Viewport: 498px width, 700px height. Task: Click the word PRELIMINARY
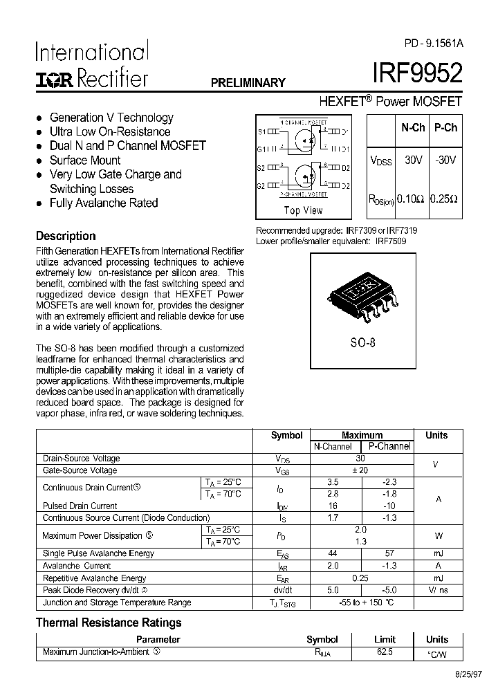248,83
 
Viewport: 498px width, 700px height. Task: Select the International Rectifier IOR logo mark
55,79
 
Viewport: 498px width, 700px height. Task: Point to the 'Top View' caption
303,210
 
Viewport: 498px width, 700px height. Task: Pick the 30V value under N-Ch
413,160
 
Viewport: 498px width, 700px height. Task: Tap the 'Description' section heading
66,236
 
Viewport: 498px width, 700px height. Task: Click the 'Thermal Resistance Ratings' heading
109,623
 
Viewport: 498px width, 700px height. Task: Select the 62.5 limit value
385,652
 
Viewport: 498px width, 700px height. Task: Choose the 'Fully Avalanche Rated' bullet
104,203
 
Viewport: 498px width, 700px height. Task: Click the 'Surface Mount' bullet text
85,160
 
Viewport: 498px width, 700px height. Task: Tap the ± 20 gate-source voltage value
360,470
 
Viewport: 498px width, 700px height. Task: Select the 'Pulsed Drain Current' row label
80,506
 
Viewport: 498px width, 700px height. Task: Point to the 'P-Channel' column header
389,447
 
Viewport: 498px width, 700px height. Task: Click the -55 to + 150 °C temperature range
360,602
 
